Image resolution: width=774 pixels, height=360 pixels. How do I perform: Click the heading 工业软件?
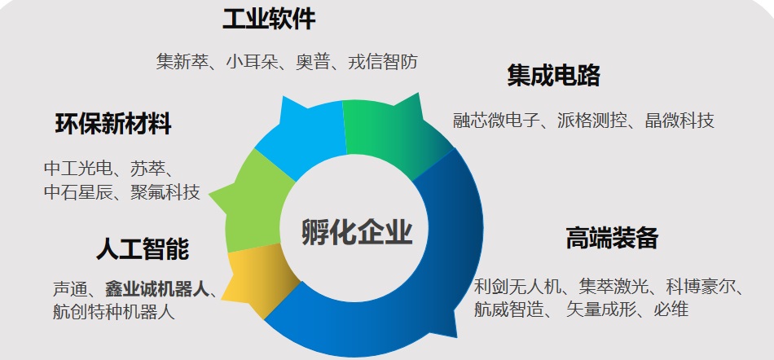[x=269, y=20]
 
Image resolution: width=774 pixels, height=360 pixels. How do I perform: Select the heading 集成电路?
[x=553, y=76]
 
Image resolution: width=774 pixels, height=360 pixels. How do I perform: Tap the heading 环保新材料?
[x=113, y=124]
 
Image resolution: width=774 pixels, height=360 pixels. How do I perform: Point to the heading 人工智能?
[x=143, y=248]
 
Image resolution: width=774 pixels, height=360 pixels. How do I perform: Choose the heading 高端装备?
[x=612, y=238]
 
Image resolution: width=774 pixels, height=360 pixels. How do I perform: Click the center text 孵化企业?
[x=357, y=232]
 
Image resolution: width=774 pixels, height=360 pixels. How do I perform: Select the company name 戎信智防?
[x=383, y=62]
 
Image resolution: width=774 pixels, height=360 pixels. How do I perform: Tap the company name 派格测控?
[x=592, y=121]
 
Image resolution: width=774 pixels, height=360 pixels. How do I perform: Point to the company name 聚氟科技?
[x=165, y=192]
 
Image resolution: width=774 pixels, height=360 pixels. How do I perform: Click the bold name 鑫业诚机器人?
[x=157, y=289]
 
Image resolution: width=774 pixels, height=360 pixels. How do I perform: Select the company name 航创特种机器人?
[x=114, y=312]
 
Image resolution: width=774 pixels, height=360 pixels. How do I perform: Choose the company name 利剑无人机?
[x=517, y=286]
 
